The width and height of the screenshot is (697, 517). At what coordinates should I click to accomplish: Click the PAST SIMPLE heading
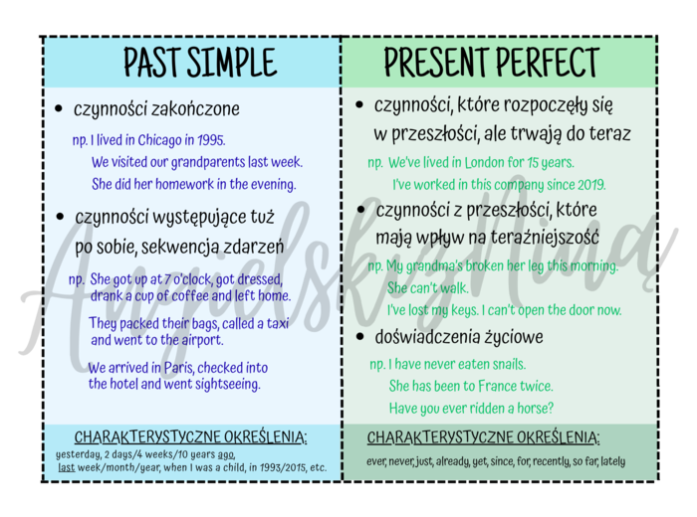[x=200, y=62]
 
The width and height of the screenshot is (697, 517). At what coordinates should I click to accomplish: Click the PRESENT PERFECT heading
[x=492, y=62]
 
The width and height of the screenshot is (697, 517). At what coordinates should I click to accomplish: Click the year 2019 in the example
[x=588, y=184]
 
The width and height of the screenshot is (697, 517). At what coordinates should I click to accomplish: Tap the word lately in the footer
[x=613, y=460]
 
